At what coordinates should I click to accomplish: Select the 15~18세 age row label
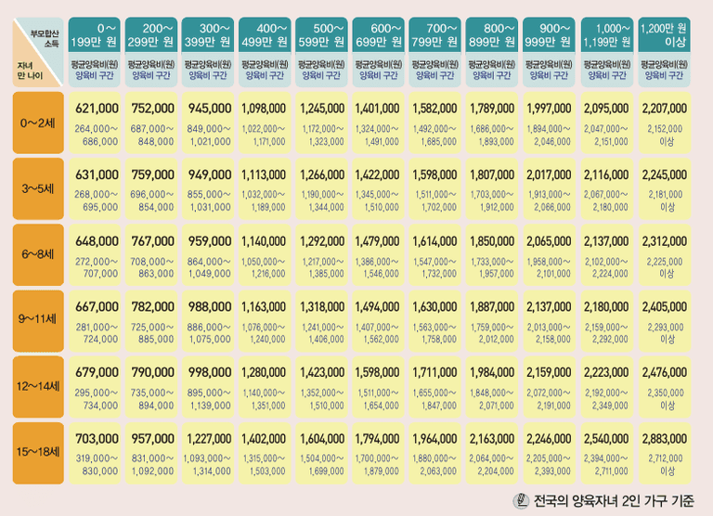tap(39, 453)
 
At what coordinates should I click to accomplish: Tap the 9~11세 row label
tap(39, 319)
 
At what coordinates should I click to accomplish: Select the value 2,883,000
tap(664, 438)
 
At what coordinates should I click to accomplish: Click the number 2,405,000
tap(664, 306)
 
